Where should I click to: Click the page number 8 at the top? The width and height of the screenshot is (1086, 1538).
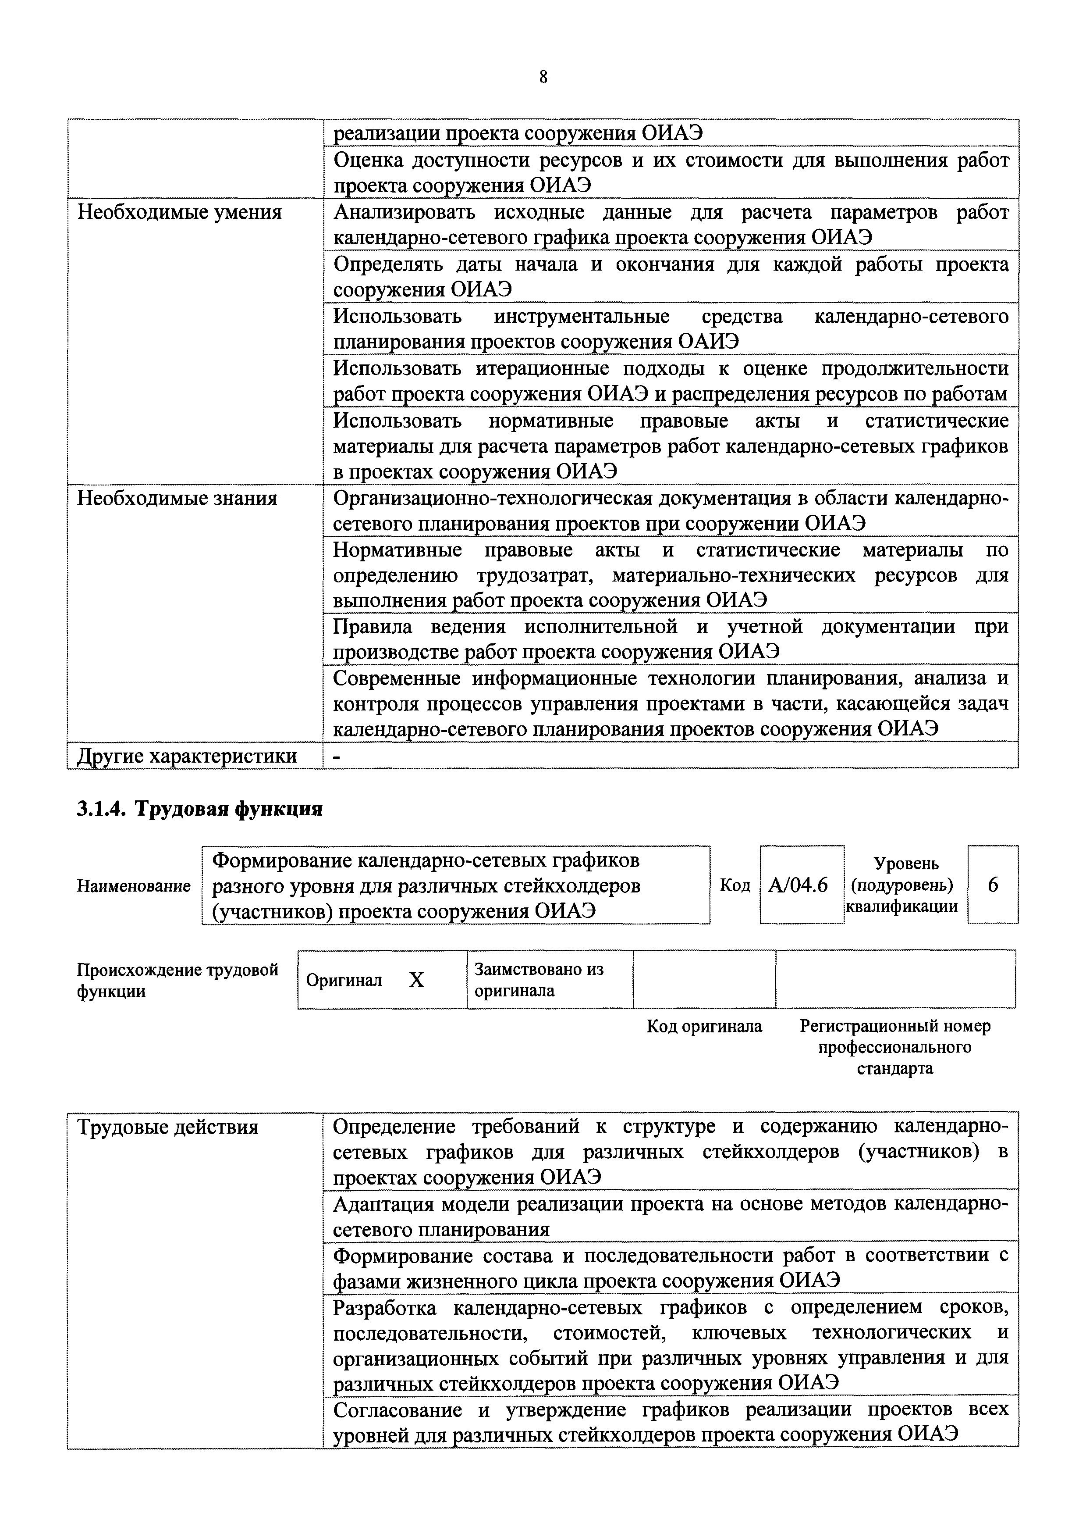(543, 78)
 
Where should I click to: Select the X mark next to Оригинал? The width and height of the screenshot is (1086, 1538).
(416, 981)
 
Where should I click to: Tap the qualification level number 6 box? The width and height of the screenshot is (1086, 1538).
(993, 885)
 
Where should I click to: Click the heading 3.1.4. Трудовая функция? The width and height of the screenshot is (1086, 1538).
(199, 809)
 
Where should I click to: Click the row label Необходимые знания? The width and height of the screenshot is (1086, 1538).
(177, 498)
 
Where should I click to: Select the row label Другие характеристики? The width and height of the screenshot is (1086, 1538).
(188, 756)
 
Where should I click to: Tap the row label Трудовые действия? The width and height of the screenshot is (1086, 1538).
(168, 1128)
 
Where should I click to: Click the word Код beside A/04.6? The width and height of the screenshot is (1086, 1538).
(735, 885)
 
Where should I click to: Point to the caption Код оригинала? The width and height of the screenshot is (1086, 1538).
(704, 1026)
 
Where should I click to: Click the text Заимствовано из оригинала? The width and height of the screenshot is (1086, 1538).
(539, 979)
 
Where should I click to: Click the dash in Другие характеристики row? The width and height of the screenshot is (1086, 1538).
(337, 756)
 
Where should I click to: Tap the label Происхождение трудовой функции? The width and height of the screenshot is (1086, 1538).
(177, 980)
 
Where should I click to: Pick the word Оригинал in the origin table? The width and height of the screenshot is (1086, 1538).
(344, 981)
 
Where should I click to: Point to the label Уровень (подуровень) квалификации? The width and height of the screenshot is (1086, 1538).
(902, 885)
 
